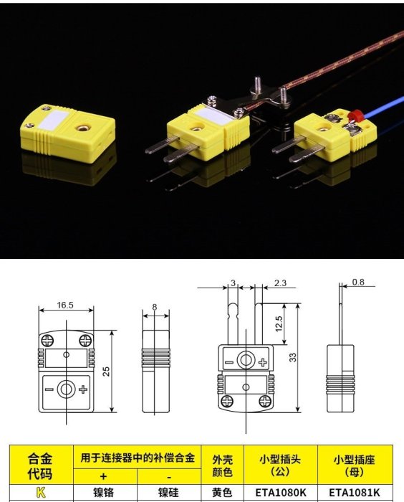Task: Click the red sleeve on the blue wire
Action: point(353,115)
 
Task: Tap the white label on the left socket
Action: point(54,120)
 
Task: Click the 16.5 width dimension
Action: point(65,305)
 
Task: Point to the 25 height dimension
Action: point(106,371)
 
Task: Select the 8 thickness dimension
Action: point(155,307)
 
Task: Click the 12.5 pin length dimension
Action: point(279,323)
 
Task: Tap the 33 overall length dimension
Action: point(293,357)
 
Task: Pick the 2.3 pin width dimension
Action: point(280,283)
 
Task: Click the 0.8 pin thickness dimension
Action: point(358,282)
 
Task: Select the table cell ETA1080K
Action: point(281,493)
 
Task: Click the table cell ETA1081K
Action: point(355,493)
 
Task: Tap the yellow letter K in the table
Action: point(41,493)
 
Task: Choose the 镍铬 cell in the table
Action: point(103,493)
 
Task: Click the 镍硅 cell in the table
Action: point(168,493)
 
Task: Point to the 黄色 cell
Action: point(222,493)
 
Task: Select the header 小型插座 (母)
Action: point(354,465)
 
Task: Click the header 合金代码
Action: point(40,466)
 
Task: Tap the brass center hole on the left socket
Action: point(81,128)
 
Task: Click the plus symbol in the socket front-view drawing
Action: point(83,389)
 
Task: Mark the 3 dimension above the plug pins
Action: point(234,283)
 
